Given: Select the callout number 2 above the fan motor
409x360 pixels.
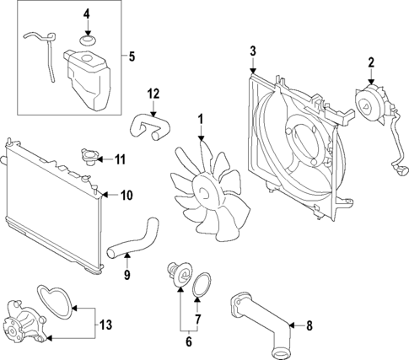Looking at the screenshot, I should tap(369, 62).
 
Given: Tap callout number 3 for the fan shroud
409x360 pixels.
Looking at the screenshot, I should tap(252, 52).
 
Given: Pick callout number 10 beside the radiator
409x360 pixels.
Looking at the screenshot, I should tap(126, 196).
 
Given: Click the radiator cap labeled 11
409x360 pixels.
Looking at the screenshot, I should tap(88, 158).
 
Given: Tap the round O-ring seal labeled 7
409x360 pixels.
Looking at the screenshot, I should tap(201, 284).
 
